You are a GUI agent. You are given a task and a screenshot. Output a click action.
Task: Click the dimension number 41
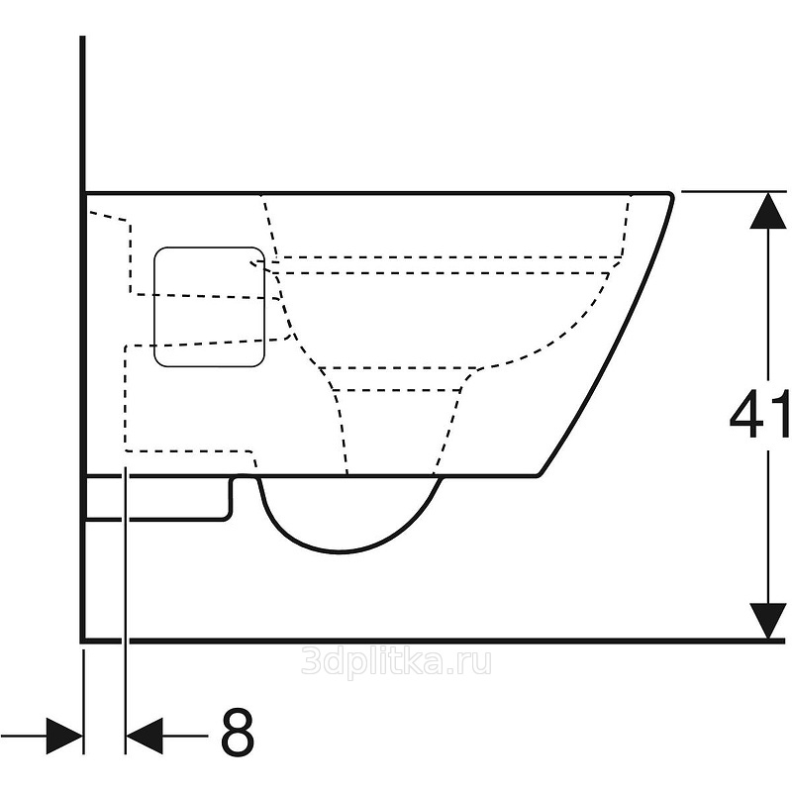click(759, 414)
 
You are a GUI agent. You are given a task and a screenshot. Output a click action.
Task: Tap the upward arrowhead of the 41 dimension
click(768, 210)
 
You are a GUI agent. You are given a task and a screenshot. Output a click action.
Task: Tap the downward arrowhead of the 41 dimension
click(768, 621)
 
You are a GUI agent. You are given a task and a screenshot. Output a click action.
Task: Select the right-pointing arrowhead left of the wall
click(64, 736)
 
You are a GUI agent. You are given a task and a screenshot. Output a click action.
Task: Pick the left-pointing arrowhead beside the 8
click(145, 736)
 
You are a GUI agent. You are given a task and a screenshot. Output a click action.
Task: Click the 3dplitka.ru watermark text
click(396, 661)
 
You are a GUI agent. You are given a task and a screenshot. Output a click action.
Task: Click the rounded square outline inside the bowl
click(153, 306)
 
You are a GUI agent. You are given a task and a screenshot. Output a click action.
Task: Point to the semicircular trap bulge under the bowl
click(341, 551)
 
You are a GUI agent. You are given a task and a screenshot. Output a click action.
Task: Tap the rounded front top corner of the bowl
click(671, 195)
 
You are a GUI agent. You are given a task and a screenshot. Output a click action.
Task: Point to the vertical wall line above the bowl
click(83, 114)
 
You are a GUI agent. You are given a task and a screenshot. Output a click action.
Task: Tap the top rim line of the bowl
click(376, 193)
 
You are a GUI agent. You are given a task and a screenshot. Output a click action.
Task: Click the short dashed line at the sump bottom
click(397, 390)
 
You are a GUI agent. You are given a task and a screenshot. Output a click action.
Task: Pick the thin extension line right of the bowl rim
click(734, 191)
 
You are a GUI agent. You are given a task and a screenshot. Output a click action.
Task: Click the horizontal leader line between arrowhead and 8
click(185, 736)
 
